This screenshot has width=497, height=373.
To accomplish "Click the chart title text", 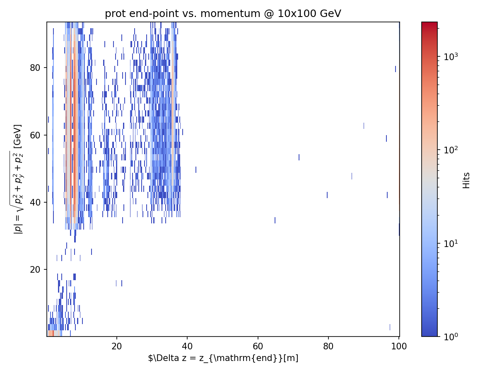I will (x=223, y=14).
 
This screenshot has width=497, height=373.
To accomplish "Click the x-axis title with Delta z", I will (x=223, y=358).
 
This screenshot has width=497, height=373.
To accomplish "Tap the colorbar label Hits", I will (x=467, y=180).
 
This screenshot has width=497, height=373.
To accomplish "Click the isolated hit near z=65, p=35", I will (x=275, y=220).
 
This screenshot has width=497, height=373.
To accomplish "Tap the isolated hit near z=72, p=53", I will (x=299, y=157).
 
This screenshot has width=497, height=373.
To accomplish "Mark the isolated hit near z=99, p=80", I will (x=396, y=69).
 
